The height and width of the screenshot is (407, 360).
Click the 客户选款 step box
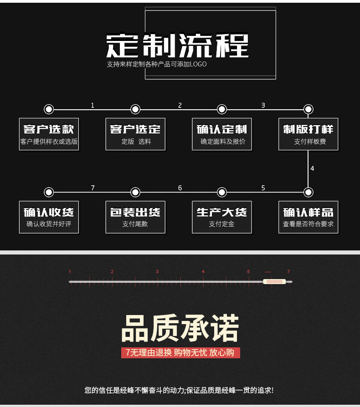(49, 134)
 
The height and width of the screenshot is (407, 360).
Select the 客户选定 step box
(135, 134)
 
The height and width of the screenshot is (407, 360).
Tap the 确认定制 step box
(222, 134)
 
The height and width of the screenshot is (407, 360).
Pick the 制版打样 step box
(309, 134)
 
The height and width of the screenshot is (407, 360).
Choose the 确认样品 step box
(309, 217)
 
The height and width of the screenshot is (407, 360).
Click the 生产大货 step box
(222, 217)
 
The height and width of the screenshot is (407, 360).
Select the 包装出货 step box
(135, 217)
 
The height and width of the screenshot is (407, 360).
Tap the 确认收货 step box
(49, 217)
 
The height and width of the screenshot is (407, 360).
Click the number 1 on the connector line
(93, 106)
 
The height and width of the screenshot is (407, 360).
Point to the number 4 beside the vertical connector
(312, 168)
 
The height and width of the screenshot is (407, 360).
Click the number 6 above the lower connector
(180, 188)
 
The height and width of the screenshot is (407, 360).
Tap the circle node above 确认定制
(222, 109)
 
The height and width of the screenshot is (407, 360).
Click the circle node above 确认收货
(49, 192)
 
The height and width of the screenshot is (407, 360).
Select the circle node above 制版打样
(309, 109)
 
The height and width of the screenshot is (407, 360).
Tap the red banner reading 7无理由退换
(180, 353)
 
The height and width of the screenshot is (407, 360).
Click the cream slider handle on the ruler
(274, 281)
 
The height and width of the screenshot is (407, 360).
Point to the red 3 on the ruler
(157, 272)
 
